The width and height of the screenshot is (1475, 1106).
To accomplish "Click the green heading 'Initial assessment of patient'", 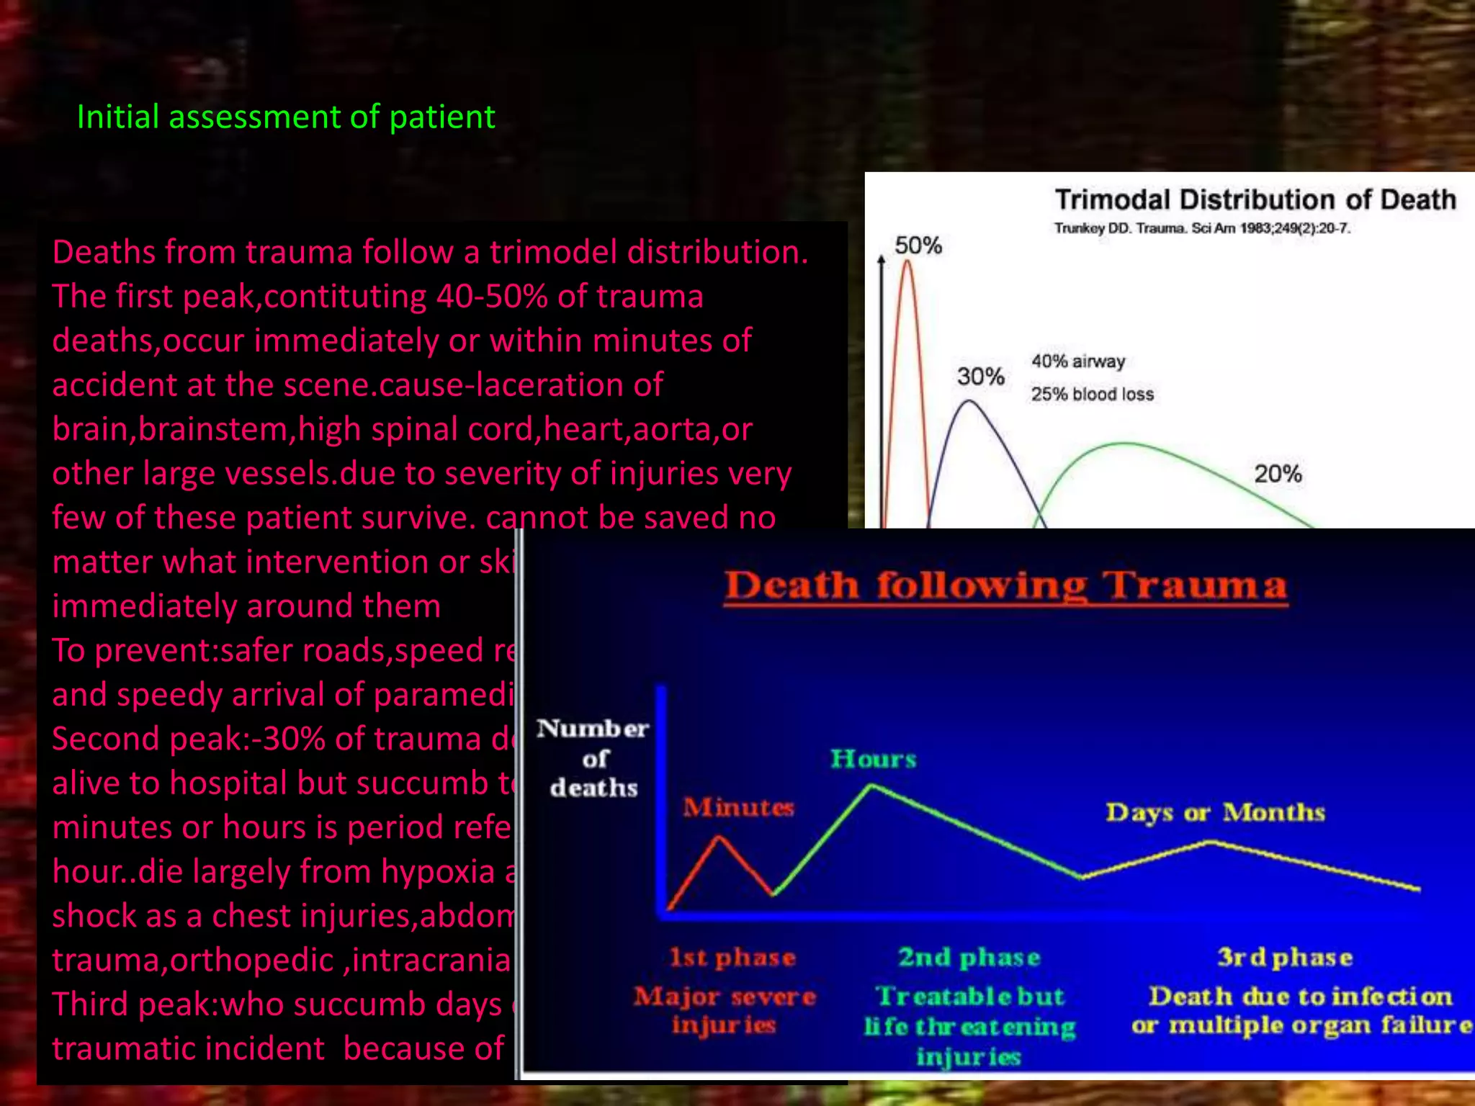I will pyautogui.click(x=285, y=117).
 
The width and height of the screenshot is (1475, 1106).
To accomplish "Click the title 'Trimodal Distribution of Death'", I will pyautogui.click(x=1255, y=199).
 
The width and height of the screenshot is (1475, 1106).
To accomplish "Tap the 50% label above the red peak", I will pyautogui.click(x=918, y=246).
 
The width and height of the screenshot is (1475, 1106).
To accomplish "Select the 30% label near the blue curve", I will pyautogui.click(x=980, y=376).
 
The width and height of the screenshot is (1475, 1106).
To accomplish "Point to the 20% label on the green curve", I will pyautogui.click(x=1278, y=474).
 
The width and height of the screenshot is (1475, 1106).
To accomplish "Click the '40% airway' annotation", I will pyautogui.click(x=1077, y=361).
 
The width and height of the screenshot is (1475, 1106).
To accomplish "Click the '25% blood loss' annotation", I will pyautogui.click(x=1092, y=394).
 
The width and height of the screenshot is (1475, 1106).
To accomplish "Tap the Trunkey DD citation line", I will pyautogui.click(x=1201, y=228).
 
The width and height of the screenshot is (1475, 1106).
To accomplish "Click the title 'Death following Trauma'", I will pyautogui.click(x=1005, y=585).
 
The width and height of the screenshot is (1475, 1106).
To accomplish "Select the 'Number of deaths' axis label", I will pyautogui.click(x=593, y=758).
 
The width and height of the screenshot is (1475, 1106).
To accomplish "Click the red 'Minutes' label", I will pyautogui.click(x=738, y=807).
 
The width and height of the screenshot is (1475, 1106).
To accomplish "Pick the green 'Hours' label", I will pyautogui.click(x=873, y=759).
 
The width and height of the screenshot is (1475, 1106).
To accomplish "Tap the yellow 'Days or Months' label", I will pyautogui.click(x=1215, y=812).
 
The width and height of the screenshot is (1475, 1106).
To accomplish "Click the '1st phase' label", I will pyautogui.click(x=732, y=957).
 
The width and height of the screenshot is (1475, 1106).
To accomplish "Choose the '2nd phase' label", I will pyautogui.click(x=969, y=957).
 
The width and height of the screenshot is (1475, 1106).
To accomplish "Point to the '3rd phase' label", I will pyautogui.click(x=1285, y=957).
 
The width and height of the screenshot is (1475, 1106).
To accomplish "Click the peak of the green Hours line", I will pyautogui.click(x=871, y=786).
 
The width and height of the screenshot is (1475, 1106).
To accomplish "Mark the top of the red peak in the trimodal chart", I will pyautogui.click(x=907, y=262).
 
